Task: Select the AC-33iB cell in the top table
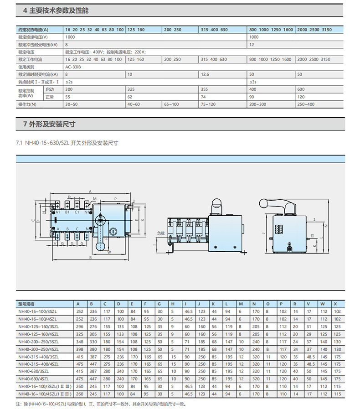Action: (x=73, y=67)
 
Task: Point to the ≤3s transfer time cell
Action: (x=253, y=82)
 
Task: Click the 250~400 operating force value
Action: (x=305, y=105)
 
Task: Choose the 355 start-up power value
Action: (x=204, y=89)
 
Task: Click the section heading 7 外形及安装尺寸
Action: (x=49, y=124)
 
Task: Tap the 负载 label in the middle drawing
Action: (x=159, y=233)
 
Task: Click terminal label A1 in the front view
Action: (x=58, y=213)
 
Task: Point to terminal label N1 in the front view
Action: (x=87, y=213)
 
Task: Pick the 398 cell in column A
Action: (x=79, y=348)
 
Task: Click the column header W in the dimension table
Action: (x=323, y=304)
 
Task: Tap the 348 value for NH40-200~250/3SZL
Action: (x=79, y=341)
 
